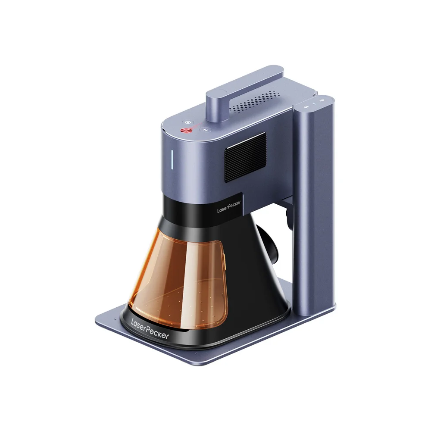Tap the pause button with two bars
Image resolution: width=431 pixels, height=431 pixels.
coord(205,129)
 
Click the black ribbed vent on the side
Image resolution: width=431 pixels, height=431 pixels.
coord(246,157)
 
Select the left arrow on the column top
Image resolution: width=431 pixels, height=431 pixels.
coord(306,105)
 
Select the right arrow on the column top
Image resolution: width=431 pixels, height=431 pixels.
coord(322,100)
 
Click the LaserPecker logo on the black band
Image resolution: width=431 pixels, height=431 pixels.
coord(229,206)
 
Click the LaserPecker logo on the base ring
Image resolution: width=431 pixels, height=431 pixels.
coord(150,329)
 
